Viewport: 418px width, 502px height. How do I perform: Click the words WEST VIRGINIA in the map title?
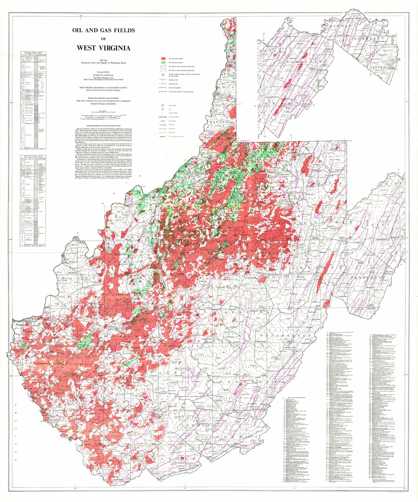[103, 48]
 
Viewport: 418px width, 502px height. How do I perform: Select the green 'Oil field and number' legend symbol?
[164, 62]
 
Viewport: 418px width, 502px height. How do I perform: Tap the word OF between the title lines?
[103, 39]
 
